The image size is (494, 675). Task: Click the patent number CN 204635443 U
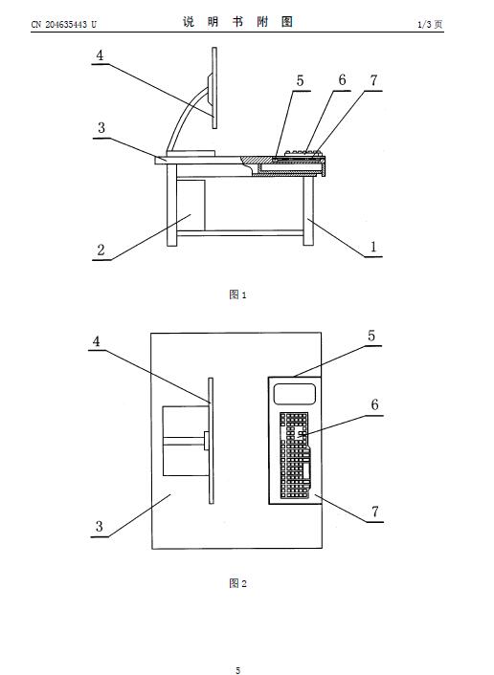point(64,25)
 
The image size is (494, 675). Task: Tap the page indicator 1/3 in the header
point(425,25)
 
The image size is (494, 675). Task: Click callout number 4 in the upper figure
point(100,55)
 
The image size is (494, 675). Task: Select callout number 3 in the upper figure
point(101,128)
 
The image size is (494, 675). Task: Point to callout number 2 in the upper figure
point(101,250)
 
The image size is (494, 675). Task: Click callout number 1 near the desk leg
point(373,247)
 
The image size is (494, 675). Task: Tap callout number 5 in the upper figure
point(300,80)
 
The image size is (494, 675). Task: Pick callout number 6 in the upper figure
point(342,79)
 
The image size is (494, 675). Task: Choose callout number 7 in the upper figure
point(373,80)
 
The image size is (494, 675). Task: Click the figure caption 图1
point(237,294)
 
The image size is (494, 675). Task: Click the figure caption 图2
point(237,583)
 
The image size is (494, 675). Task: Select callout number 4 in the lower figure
point(96,341)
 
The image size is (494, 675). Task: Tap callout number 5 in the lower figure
point(371,336)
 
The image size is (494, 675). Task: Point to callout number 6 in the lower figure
point(374,404)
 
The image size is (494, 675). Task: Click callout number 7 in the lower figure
point(375,512)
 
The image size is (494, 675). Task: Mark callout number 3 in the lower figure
point(100,526)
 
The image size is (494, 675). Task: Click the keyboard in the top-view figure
point(295,455)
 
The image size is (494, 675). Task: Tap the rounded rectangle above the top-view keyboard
point(295,394)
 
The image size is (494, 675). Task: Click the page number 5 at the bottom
point(238,670)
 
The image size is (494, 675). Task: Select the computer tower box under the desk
point(191,205)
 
